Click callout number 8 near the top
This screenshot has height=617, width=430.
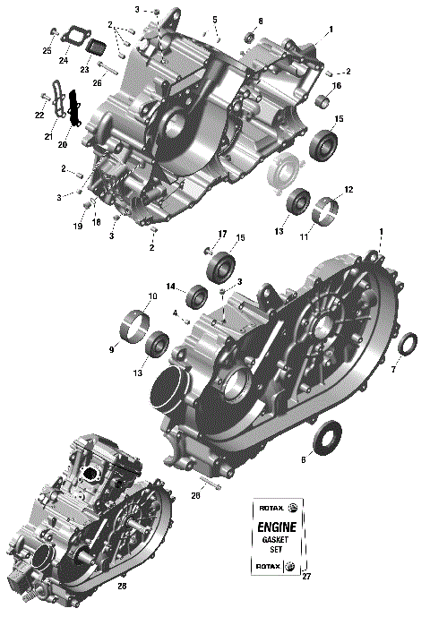[x=261, y=21]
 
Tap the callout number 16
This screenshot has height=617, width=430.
[x=338, y=86]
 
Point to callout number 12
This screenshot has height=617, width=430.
[x=348, y=190]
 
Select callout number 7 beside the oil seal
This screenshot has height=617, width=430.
[x=418, y=370]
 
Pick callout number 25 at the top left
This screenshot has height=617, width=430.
[x=47, y=50]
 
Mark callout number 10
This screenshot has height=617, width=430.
[x=152, y=296]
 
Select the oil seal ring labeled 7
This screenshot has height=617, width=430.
[x=406, y=344]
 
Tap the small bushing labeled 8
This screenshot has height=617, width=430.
[x=253, y=38]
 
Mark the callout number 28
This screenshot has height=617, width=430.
[x=123, y=587]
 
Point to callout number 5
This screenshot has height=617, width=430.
[x=215, y=20]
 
